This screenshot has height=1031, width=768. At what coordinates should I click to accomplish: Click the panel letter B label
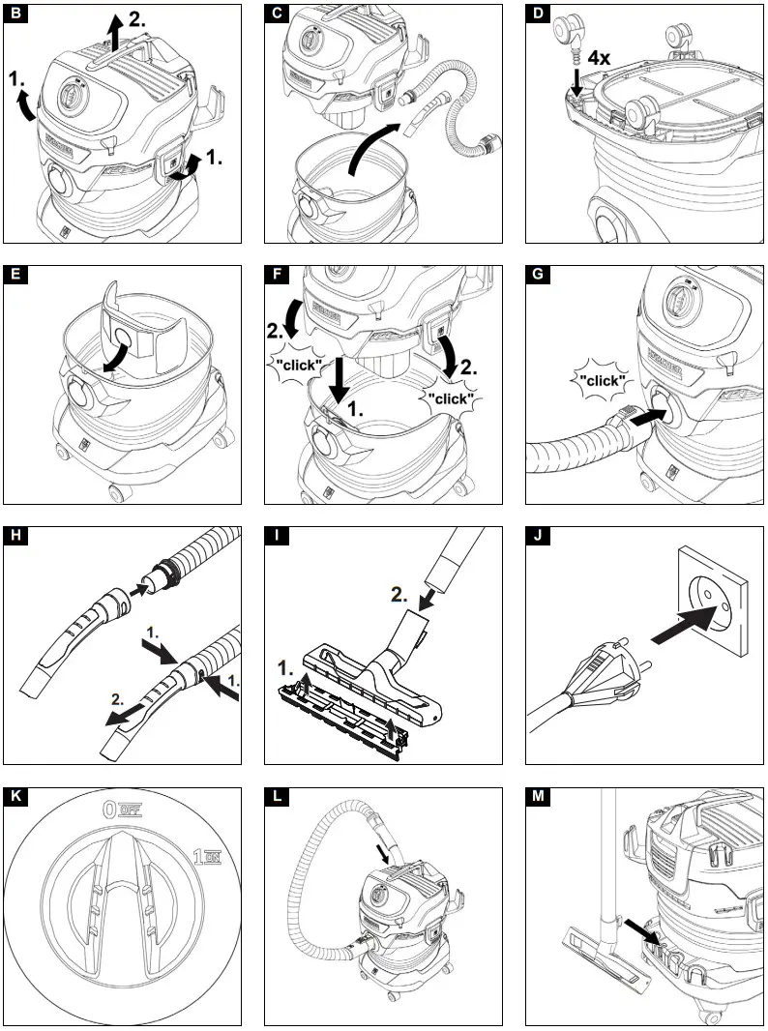pos(15,15)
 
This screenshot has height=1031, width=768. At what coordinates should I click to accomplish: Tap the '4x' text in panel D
pos(600,57)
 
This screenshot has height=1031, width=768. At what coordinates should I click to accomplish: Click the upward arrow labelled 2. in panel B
pos(114,35)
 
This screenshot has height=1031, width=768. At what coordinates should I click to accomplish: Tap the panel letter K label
pos(15,798)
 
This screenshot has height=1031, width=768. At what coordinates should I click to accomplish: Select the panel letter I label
pos(276,537)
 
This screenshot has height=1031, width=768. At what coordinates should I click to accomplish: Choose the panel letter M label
pos(537,798)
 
